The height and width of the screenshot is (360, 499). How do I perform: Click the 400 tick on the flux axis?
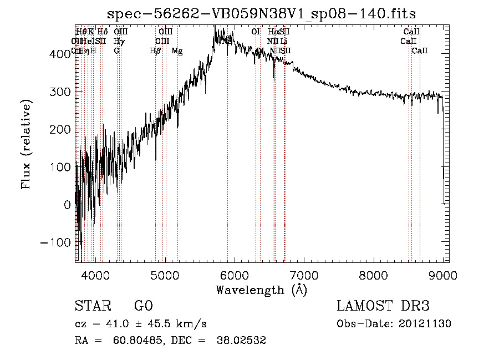coord(63,53)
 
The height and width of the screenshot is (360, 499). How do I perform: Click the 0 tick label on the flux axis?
coord(67,205)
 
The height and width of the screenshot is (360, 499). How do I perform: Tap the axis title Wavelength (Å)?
coord(261,290)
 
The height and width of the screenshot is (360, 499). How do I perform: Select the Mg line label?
coord(177,51)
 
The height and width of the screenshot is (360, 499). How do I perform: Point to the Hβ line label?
coord(155,51)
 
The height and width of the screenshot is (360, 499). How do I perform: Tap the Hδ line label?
coord(103,32)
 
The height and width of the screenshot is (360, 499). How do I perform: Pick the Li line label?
coord(283,41)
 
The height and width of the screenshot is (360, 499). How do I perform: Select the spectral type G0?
coord(143,306)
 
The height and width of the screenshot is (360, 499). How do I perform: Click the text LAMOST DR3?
coord(383,306)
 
